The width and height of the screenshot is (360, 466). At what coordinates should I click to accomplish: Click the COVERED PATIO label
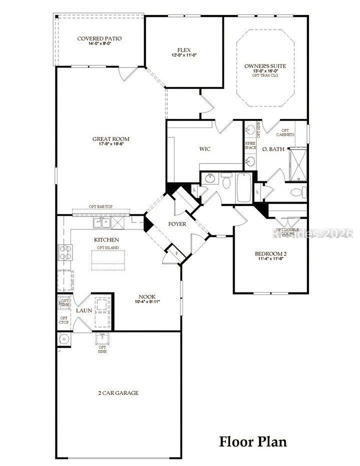point(99,38)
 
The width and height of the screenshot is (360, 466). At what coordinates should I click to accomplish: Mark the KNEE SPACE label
point(250,145)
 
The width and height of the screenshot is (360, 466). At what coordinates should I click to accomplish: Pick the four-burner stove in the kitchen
point(65,251)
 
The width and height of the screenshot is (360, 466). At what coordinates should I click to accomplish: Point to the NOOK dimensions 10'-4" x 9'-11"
point(147,301)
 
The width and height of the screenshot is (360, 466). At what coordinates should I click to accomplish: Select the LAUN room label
point(83,310)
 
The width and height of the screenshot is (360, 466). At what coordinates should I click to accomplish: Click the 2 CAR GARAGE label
point(118,393)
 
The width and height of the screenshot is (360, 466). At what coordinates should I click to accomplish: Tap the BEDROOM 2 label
point(270,253)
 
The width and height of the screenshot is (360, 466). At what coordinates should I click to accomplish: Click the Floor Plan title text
point(253,441)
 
